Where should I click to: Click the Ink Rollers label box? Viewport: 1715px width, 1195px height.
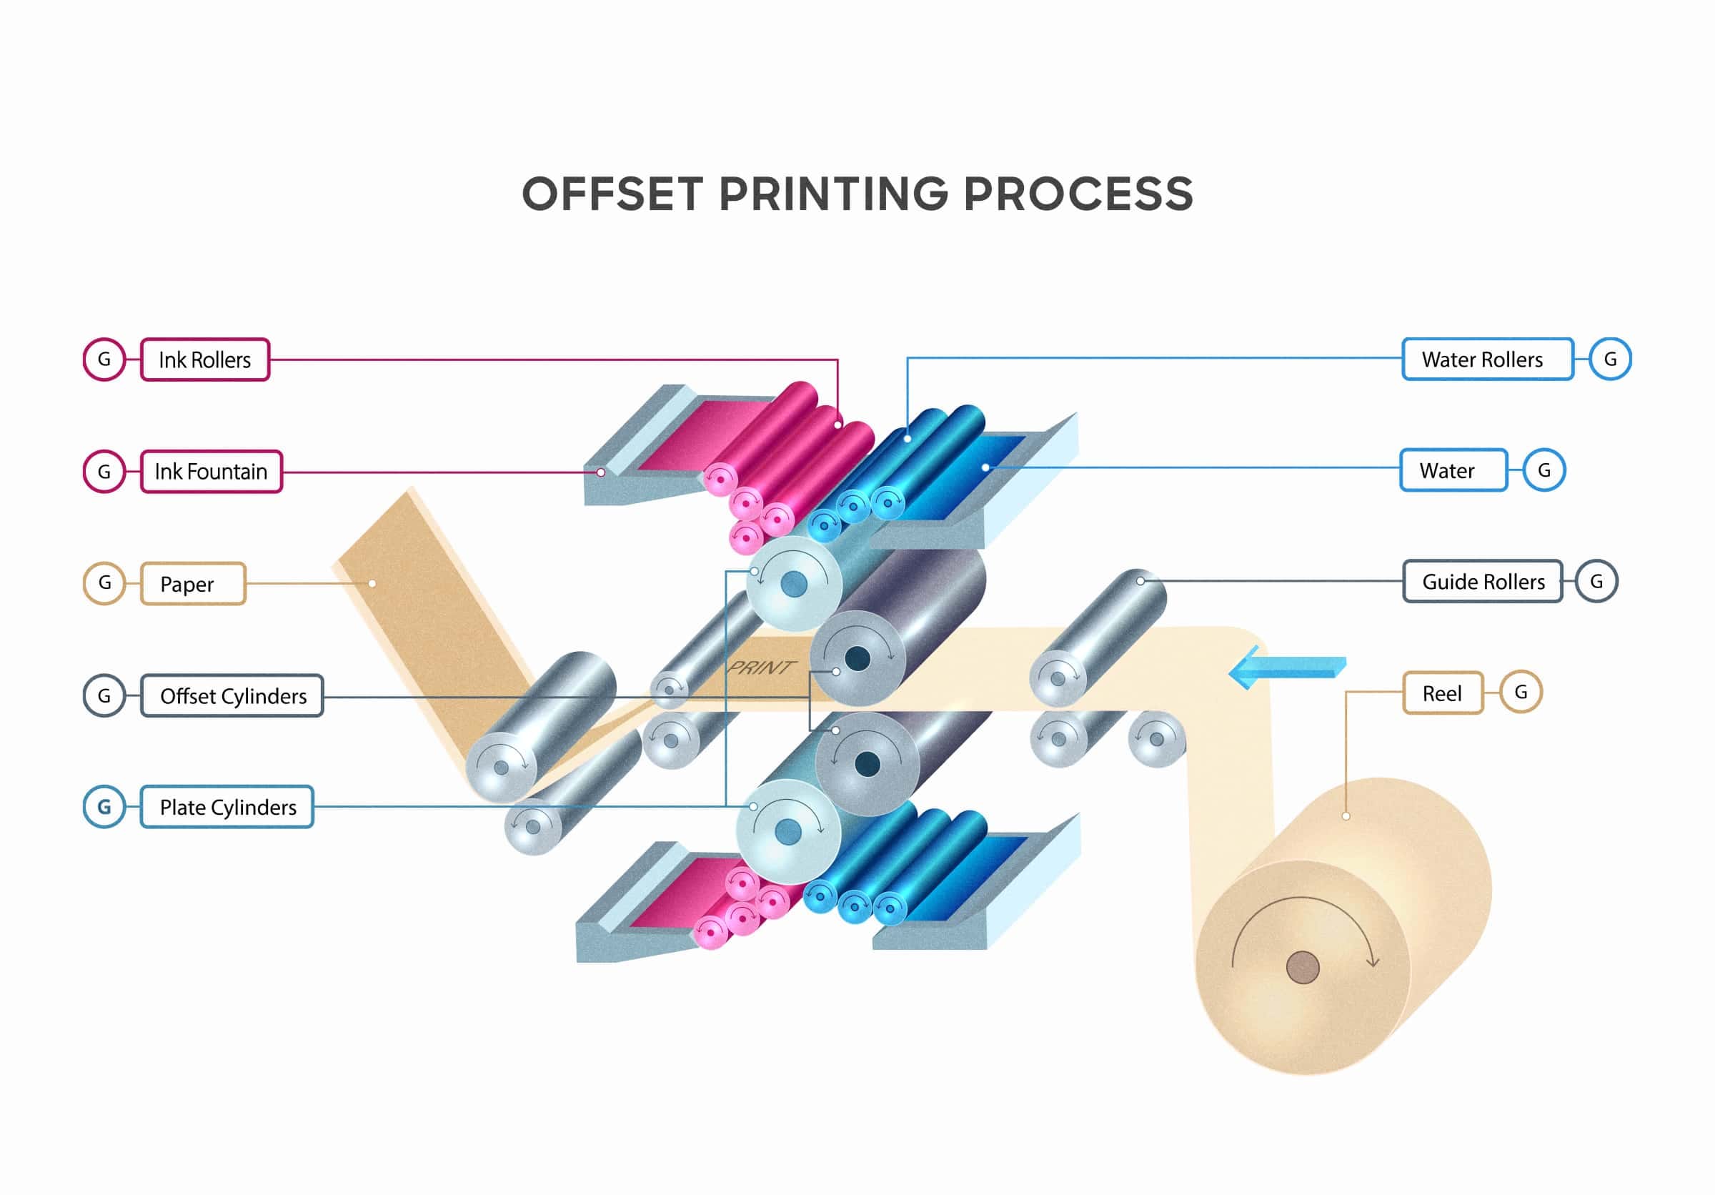tap(204, 360)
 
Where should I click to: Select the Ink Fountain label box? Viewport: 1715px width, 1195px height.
tap(212, 471)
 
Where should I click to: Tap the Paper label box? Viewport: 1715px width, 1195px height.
tap(193, 583)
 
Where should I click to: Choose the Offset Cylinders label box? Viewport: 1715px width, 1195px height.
tap(232, 695)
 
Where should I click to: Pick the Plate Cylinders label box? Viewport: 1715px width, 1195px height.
tap(227, 807)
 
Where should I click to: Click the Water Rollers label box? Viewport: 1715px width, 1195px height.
tap(1487, 360)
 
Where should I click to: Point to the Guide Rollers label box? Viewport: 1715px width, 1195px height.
tap(1482, 581)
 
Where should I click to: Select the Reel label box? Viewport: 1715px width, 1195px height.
tap(1441, 693)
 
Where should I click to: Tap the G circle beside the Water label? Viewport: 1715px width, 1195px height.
tap(1543, 470)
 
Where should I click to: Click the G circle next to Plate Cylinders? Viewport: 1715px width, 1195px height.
tap(104, 807)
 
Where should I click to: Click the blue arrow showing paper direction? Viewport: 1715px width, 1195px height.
tap(1286, 667)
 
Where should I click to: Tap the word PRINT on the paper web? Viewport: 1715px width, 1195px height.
tap(761, 667)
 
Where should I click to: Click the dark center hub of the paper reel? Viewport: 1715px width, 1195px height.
tap(1303, 967)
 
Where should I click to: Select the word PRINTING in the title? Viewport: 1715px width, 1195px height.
tap(833, 194)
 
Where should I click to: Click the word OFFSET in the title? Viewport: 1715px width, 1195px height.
tap(612, 194)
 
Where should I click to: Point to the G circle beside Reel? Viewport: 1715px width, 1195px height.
tap(1520, 693)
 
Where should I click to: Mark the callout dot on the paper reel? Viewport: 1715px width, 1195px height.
tap(1346, 816)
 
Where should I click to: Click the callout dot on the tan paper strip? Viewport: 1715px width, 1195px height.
tap(372, 583)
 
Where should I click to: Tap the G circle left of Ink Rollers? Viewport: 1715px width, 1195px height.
tap(104, 360)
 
